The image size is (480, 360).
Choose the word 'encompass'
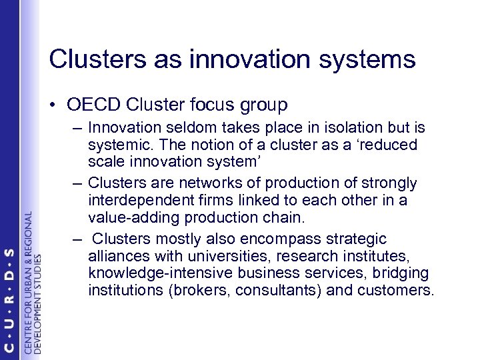262,238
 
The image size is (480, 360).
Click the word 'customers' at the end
396,291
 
